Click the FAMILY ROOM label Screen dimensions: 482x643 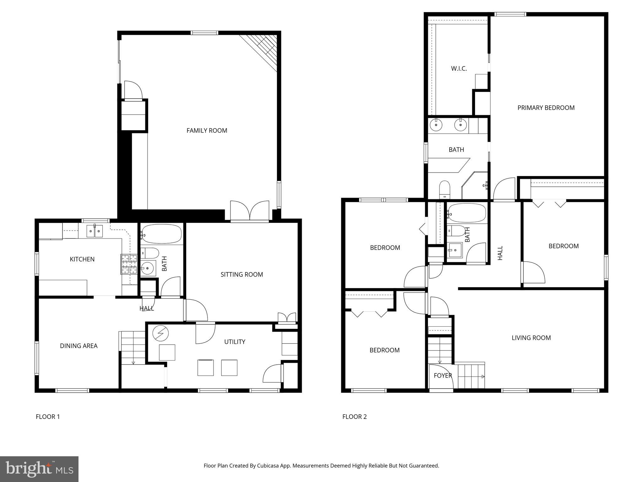[207, 131]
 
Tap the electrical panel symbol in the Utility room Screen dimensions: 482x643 [160, 333]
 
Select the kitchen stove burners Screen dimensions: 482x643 [129, 264]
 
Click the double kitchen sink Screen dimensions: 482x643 [95, 231]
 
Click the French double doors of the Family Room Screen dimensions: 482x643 [250, 211]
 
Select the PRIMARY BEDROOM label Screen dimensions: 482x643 [546, 108]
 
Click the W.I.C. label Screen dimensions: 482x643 [459, 68]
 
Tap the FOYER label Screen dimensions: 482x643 [443, 375]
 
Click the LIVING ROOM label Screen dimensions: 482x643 [531, 338]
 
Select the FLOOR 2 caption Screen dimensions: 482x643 [354, 417]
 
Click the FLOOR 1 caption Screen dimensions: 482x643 [48, 417]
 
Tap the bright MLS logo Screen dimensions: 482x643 [39, 469]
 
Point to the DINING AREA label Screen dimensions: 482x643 [78, 346]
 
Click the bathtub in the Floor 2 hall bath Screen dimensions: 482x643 [467, 213]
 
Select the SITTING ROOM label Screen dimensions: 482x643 [241, 275]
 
